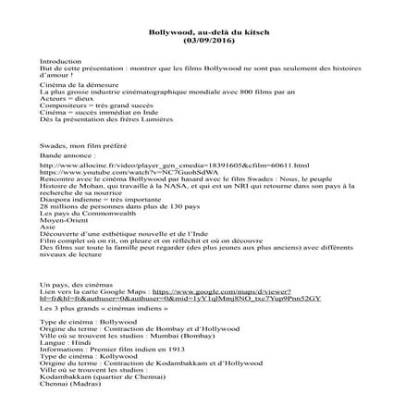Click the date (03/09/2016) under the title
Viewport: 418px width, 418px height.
point(208,42)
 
